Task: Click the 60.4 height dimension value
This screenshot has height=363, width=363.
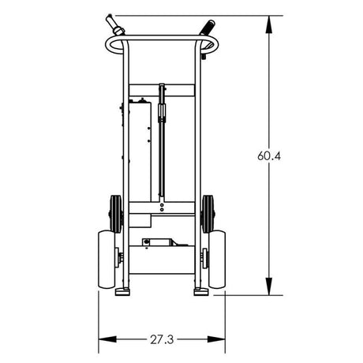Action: coord(269,155)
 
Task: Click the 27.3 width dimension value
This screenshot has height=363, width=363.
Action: coord(160,340)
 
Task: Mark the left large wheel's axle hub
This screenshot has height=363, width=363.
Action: coord(120,258)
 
